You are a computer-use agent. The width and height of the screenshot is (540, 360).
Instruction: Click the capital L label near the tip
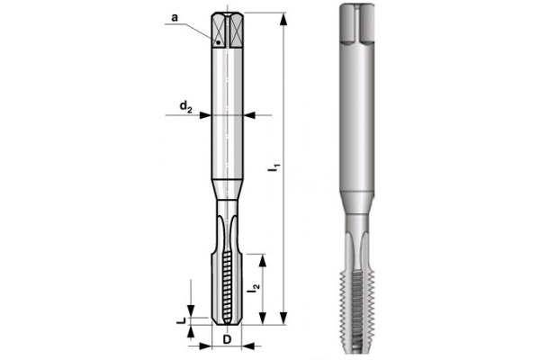[181, 317]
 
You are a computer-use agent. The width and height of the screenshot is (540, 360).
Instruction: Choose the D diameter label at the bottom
[227, 340]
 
